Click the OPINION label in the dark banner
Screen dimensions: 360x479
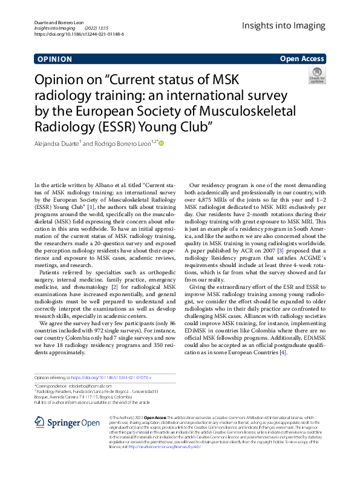tap(54, 59)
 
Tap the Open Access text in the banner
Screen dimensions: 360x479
tap(302, 59)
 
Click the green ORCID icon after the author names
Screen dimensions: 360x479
tap(161, 144)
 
